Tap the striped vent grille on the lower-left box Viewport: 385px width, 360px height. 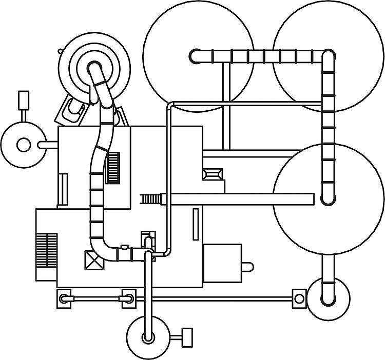pos(47,250)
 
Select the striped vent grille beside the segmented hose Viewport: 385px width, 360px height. pos(113,168)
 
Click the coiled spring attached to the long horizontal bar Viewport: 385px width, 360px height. pos(150,198)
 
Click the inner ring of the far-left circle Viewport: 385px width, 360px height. pos(24,145)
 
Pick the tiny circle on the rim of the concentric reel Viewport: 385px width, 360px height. pos(61,51)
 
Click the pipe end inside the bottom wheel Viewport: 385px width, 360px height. pos(149,337)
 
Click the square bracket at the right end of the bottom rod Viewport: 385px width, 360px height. pos(298,297)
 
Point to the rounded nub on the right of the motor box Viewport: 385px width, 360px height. pos(247,267)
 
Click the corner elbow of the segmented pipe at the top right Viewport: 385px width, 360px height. pos(328,56)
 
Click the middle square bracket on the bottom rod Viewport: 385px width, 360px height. pos(128,297)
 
